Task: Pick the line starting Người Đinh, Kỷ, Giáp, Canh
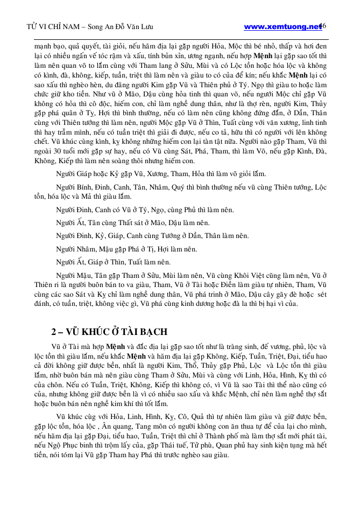pyautogui.click(x=152, y=235)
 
